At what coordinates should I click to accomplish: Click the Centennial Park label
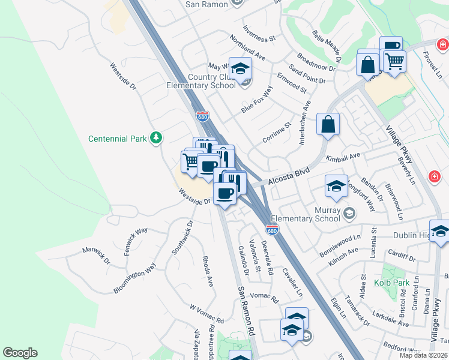coord(117,139)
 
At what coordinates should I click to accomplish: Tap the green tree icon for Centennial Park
coord(156,138)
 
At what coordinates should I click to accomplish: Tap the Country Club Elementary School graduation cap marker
coord(240,70)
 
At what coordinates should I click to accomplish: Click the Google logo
coord(20,353)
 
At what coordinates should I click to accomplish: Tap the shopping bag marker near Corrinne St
coord(328,124)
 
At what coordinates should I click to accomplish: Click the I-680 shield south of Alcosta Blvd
coord(272,230)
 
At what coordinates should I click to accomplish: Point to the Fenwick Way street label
coord(136,241)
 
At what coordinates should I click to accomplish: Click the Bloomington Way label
coord(135,277)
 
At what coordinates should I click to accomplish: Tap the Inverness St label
coord(259,33)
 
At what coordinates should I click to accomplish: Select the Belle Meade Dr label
coord(327,47)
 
